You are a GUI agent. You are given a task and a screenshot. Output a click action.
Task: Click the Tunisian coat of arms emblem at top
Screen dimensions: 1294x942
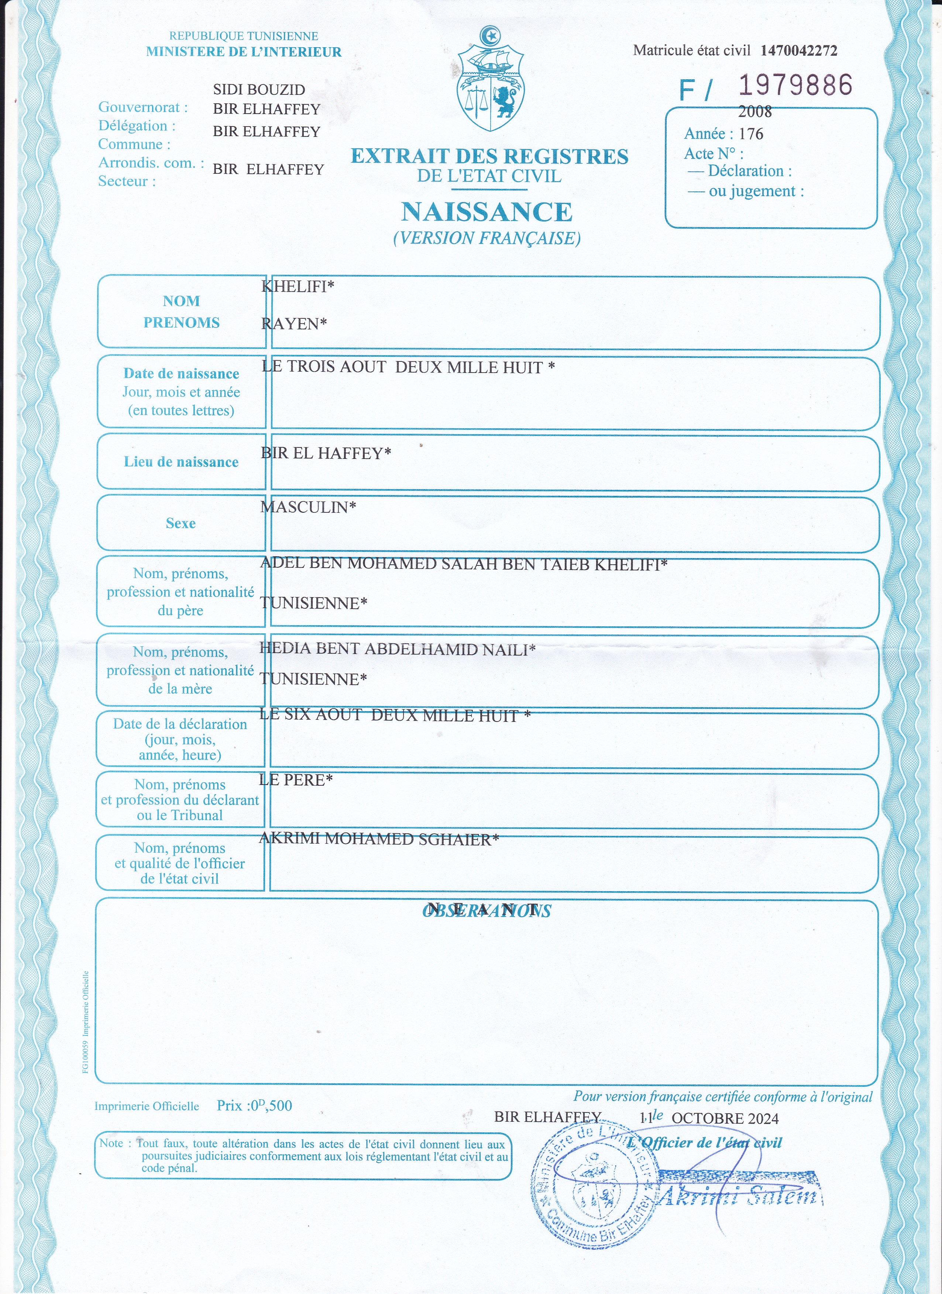(x=490, y=80)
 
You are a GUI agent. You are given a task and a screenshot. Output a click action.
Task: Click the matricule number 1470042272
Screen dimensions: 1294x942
(x=799, y=51)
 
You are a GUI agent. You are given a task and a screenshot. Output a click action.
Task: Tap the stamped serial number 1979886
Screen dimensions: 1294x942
(x=795, y=85)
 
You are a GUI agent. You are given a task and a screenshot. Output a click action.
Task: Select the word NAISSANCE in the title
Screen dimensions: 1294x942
(x=487, y=212)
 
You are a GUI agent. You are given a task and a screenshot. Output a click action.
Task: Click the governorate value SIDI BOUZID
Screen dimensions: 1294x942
(x=259, y=90)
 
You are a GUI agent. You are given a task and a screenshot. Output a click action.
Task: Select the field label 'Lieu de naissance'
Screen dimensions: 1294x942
(x=181, y=462)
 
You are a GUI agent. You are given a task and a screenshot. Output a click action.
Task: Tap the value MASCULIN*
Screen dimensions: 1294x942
(x=308, y=507)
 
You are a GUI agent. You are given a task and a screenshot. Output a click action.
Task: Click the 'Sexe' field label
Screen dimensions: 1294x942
(x=181, y=523)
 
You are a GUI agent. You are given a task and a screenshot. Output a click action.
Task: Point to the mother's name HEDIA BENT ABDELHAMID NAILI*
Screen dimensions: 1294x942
(x=397, y=649)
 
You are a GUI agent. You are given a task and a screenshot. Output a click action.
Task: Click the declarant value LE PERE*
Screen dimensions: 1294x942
(x=296, y=780)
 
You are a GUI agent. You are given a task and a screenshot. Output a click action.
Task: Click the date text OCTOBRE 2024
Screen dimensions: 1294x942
(x=725, y=1118)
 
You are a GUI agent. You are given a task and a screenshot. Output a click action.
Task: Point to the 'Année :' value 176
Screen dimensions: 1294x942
(x=751, y=134)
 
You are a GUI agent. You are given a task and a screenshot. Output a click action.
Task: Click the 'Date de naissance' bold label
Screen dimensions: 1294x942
(x=181, y=374)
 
